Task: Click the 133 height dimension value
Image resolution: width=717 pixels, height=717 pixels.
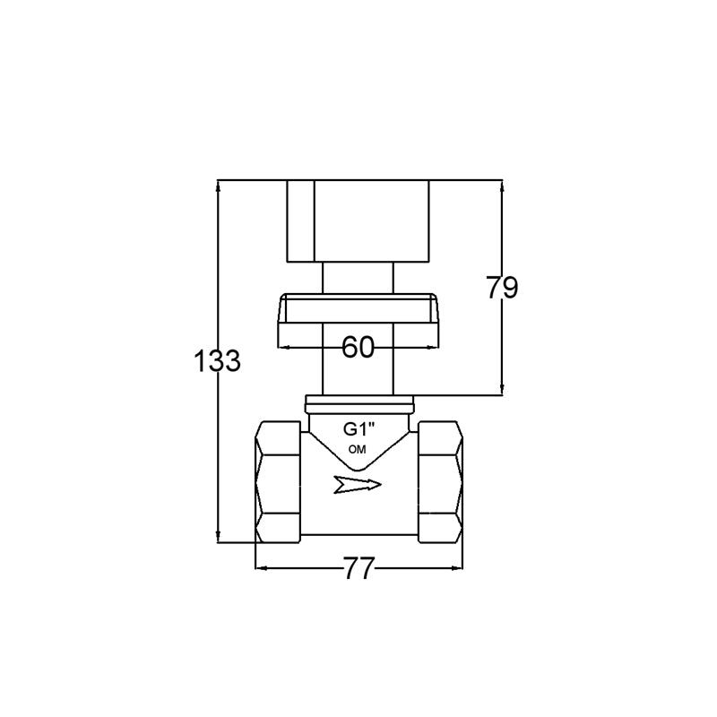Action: (x=217, y=361)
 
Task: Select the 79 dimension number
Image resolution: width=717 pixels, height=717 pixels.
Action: (x=502, y=288)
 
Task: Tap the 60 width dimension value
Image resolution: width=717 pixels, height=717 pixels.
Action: (x=358, y=347)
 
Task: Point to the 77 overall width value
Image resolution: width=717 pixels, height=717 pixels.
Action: (x=358, y=568)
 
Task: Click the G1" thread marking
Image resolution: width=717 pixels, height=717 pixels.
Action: (x=359, y=429)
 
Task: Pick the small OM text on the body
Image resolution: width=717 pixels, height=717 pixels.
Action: (x=357, y=450)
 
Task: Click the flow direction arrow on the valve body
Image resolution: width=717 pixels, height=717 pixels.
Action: (x=357, y=485)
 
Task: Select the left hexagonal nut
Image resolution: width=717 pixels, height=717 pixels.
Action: (x=278, y=482)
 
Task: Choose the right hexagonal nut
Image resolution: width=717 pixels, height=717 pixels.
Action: (x=440, y=482)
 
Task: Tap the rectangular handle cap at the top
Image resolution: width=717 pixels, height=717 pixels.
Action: (x=358, y=221)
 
